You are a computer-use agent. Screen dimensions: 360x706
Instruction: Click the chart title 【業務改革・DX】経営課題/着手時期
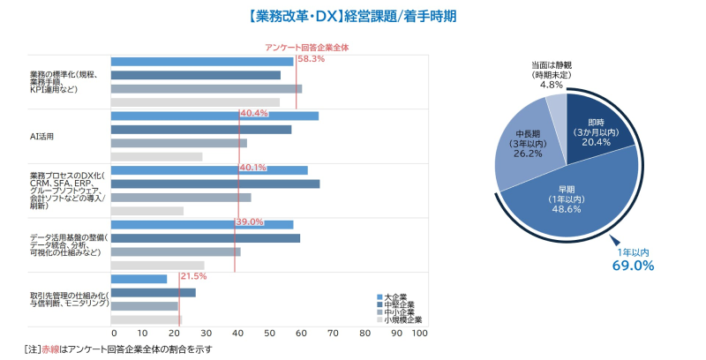(352, 16)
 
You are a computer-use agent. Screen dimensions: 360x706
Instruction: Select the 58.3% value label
(311, 59)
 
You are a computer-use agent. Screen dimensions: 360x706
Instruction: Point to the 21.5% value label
(193, 276)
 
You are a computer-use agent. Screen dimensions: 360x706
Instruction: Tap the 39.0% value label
(250, 221)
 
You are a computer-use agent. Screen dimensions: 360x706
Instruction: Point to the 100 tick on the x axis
(420, 334)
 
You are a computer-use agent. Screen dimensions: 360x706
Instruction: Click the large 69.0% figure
(635, 265)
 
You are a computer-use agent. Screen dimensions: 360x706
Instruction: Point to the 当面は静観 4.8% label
(552, 75)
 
